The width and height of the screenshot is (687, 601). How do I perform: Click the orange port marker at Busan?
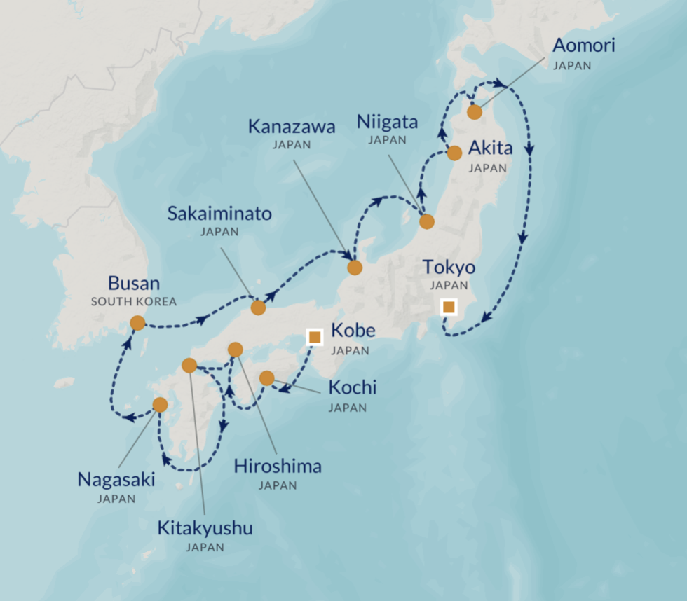(137, 323)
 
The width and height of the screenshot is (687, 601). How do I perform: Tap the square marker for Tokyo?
(449, 307)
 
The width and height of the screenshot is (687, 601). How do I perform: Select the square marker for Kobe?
(315, 338)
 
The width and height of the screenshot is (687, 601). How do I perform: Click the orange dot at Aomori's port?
(475, 112)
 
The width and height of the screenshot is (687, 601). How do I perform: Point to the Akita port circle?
(454, 153)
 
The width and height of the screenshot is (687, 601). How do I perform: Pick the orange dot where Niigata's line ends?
(427, 222)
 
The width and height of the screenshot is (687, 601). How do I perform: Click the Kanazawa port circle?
(355, 267)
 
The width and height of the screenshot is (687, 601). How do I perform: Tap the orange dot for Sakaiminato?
(258, 307)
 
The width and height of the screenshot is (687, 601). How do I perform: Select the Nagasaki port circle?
(160, 404)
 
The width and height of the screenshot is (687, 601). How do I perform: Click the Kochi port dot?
(266, 378)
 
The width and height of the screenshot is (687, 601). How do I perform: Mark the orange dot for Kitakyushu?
(189, 365)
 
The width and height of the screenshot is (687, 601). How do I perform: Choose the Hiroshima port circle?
(236, 349)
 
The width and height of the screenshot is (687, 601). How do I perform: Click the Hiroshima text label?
(278, 466)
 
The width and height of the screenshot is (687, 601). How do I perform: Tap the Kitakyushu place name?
(205, 527)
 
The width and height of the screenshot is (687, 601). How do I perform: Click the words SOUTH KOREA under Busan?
(133, 302)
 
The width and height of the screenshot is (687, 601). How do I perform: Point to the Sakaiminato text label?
(219, 214)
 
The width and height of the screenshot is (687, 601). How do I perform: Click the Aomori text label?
(583, 46)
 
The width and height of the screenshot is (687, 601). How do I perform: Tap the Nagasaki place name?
(116, 480)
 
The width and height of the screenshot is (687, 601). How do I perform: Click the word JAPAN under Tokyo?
(449, 286)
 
